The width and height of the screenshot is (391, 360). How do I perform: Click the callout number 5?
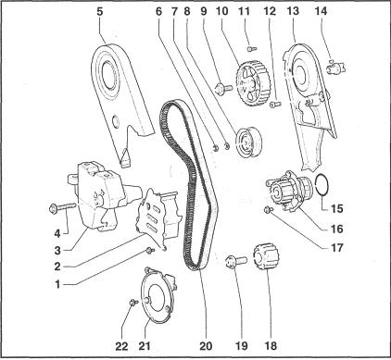point(99,12)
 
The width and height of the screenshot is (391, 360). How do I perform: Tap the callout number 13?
point(293,11)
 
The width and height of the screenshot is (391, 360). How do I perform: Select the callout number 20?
point(206,346)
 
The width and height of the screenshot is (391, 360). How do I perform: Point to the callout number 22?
point(121,346)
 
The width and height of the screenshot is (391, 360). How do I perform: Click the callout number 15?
point(337,209)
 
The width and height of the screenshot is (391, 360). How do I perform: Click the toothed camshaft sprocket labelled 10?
point(253,83)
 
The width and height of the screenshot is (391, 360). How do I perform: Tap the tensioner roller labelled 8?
point(248,142)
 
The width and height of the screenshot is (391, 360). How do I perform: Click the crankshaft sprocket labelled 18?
point(266,257)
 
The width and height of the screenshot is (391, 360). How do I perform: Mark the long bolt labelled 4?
point(62,207)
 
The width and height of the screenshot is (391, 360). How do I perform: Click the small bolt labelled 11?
point(252,48)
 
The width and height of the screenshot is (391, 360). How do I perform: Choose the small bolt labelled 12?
point(276,105)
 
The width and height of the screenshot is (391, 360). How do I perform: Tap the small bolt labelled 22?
point(133,302)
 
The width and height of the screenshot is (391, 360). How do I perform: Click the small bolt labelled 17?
point(268,210)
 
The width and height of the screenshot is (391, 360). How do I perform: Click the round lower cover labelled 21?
point(158,294)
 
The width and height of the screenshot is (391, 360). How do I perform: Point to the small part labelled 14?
point(335,67)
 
